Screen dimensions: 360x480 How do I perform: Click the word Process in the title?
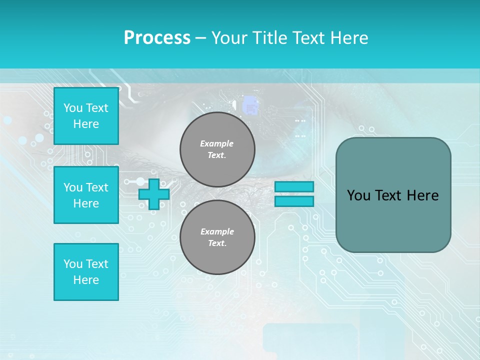[157, 38]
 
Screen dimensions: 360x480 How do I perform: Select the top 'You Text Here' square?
[86, 116]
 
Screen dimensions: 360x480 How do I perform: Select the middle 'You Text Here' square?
[86, 195]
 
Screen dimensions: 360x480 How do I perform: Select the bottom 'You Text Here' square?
[86, 272]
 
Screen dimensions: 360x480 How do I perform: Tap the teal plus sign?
[154, 194]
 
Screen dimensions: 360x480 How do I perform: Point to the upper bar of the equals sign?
[294, 187]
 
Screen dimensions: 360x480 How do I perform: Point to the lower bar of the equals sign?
[294, 201]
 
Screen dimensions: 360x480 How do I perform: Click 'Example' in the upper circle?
[217, 143]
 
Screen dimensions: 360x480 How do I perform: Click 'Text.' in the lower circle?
[217, 243]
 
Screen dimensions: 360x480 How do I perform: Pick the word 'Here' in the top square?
[86, 124]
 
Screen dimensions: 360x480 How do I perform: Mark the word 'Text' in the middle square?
[97, 187]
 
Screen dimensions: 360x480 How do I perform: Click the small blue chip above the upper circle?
[250, 106]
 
